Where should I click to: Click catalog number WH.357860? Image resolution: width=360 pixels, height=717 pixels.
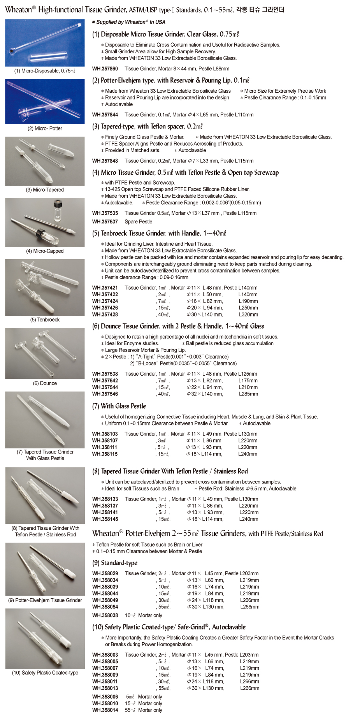(105, 69)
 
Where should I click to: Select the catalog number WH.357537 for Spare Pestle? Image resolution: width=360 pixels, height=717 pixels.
(105, 222)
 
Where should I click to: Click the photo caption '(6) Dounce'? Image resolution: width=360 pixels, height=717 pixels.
(45, 383)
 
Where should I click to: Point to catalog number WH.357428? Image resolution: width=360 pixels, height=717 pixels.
(105, 315)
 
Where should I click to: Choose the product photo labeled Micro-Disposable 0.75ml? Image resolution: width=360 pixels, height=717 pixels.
(45, 43)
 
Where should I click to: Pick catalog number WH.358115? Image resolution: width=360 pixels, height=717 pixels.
(105, 454)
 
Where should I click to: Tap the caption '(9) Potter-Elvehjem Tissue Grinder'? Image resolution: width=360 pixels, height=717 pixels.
(45, 600)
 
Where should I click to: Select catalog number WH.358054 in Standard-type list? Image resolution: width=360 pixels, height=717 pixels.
(105, 607)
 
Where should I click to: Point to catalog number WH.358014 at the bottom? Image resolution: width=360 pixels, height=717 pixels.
(105, 710)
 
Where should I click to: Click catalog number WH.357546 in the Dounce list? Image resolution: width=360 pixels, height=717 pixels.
(105, 394)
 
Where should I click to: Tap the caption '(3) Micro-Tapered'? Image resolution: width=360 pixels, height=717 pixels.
(45, 190)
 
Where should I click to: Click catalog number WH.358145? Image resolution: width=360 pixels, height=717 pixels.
(105, 519)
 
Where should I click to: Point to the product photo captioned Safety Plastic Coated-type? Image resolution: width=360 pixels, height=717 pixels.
(45, 639)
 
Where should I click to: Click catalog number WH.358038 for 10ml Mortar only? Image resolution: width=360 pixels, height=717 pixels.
(105, 615)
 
